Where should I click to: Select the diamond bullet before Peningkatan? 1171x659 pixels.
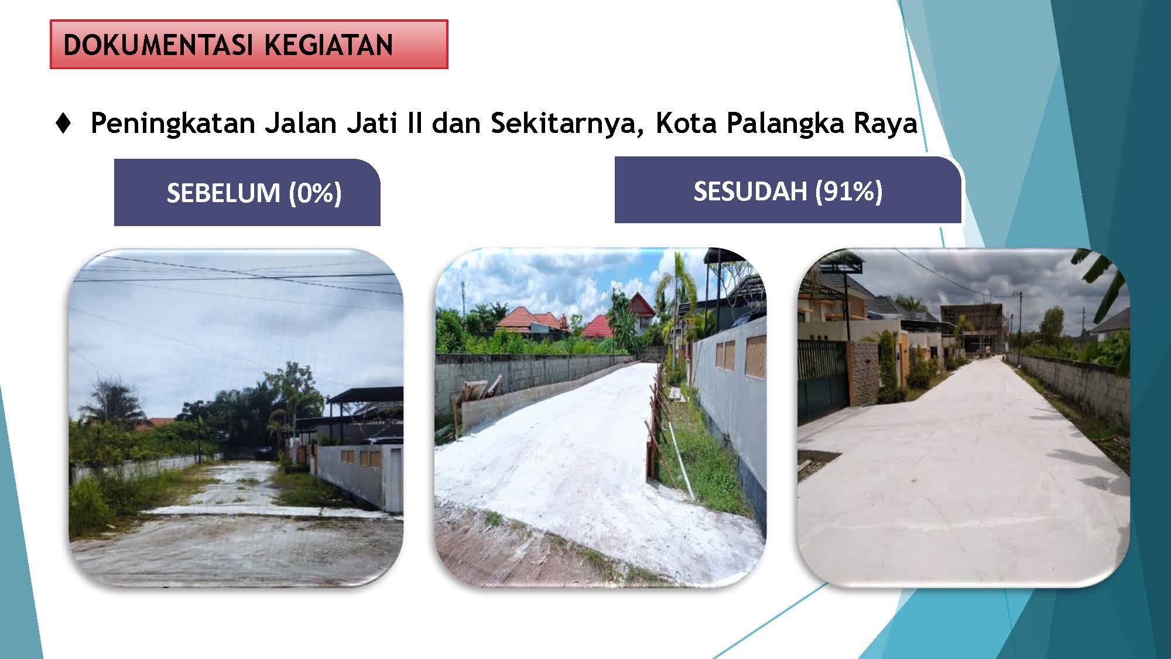coord(63,123)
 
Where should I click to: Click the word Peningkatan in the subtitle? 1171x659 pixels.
coord(173,124)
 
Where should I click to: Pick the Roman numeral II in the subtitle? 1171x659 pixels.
coord(415,123)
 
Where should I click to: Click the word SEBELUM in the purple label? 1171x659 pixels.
coord(223,193)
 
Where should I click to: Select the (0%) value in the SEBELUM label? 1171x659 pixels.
coord(315,193)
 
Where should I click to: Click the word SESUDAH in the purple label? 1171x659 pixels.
coord(750,191)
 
